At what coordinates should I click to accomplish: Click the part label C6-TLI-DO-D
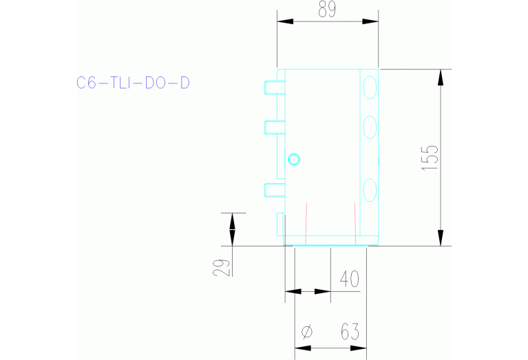(x=133, y=83)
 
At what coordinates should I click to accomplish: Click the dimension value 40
(x=350, y=279)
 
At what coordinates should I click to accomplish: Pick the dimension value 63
(x=350, y=332)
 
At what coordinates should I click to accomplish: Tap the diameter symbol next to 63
(x=307, y=333)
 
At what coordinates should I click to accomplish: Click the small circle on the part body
(x=294, y=160)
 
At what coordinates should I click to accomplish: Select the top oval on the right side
(x=370, y=87)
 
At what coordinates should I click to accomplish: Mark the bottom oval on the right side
(x=370, y=188)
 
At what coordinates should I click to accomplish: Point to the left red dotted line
(x=306, y=224)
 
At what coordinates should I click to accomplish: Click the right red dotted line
(x=354, y=224)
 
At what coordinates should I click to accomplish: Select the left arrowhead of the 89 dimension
(x=284, y=21)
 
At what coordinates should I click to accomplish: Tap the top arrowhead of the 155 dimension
(x=440, y=77)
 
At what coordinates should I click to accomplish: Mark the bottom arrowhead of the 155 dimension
(x=440, y=237)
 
